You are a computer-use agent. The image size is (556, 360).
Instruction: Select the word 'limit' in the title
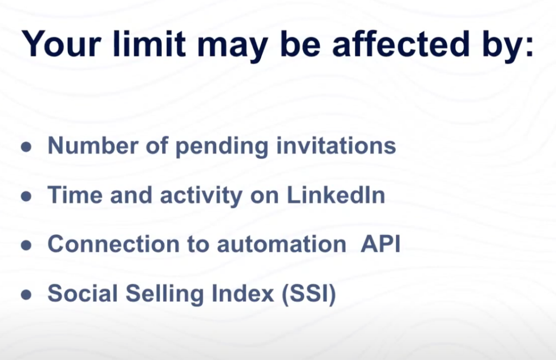(149, 43)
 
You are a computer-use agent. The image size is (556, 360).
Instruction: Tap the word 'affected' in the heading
(401, 43)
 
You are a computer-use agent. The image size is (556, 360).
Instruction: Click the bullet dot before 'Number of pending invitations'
(26, 147)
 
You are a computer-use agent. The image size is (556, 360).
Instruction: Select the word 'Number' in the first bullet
(93, 146)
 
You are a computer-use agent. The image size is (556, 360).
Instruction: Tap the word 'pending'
(222, 147)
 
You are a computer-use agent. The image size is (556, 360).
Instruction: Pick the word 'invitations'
(336, 146)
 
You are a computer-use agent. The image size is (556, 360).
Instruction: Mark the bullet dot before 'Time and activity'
(26, 196)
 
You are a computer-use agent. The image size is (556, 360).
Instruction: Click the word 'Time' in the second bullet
(75, 195)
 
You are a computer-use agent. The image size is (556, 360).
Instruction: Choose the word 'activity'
(201, 196)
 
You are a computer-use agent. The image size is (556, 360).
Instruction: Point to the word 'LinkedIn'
(336, 195)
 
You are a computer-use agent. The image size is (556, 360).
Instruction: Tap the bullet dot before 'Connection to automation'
(26, 245)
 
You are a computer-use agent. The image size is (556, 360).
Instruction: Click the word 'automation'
(282, 244)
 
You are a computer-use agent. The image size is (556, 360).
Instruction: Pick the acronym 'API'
(381, 244)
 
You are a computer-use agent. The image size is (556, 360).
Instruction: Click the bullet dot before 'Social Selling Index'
(26, 294)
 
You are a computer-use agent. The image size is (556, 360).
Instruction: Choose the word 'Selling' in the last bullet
(165, 294)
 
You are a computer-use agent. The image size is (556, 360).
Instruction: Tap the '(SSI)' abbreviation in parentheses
(308, 294)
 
